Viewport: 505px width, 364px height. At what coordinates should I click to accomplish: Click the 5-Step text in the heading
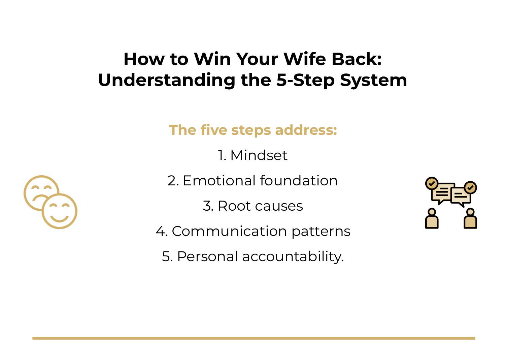(306, 80)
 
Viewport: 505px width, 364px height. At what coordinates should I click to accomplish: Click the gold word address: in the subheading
(306, 130)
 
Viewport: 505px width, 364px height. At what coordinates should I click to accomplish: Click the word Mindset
(259, 155)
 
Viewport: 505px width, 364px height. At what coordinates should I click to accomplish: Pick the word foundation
(299, 181)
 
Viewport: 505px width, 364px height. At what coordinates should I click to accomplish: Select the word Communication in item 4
(229, 231)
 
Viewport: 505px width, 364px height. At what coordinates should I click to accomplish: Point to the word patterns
(321, 231)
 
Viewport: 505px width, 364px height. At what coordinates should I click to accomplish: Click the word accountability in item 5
(292, 256)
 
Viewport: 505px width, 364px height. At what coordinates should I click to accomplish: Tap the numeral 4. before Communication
(162, 231)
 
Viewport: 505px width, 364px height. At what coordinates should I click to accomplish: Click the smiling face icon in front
(60, 211)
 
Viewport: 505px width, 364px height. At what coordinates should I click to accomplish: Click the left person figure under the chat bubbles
(432, 219)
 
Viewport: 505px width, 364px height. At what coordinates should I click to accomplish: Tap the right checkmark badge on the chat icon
(470, 187)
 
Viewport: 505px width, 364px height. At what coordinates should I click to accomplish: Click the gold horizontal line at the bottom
(254, 338)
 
